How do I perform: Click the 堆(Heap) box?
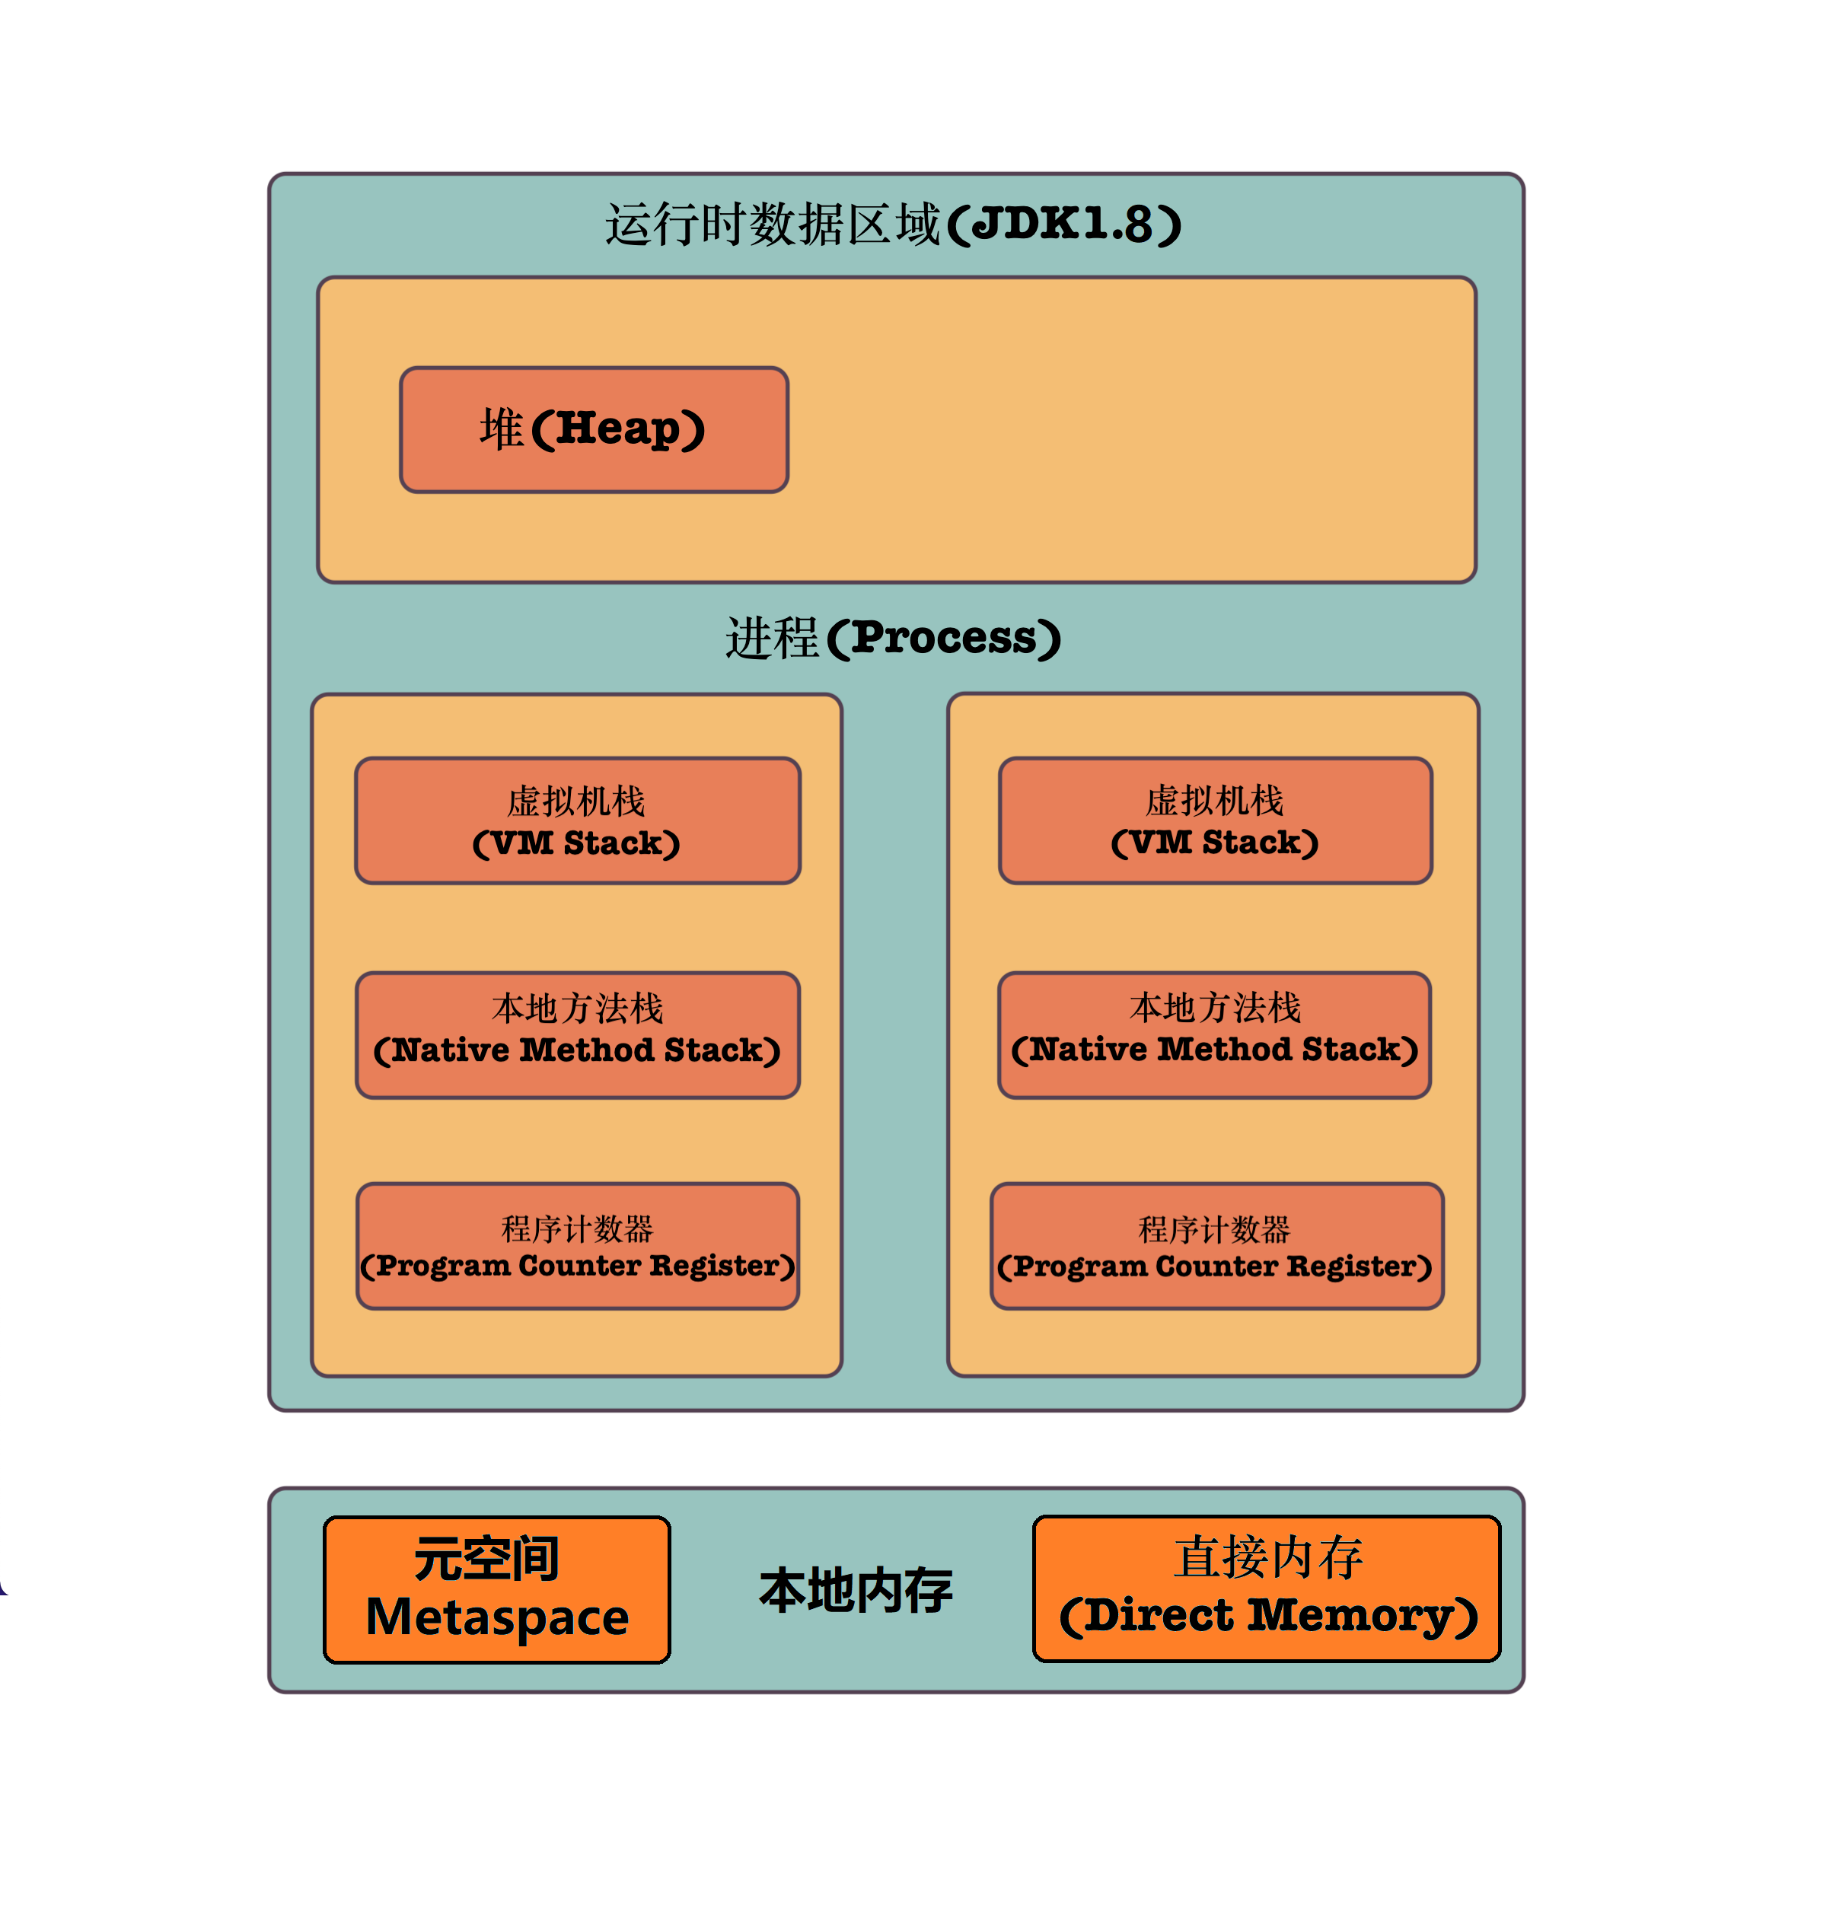point(593,430)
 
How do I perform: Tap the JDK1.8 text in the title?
point(1064,224)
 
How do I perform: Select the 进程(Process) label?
point(892,637)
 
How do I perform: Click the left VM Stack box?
point(578,820)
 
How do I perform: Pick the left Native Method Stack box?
point(578,1034)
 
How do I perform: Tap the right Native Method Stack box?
point(1213,1034)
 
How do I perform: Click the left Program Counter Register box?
point(578,1246)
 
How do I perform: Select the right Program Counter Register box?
point(1216,1246)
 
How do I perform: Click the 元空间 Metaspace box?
point(496,1590)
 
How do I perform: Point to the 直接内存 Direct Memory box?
point(1267,1588)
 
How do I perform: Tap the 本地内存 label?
point(855,1591)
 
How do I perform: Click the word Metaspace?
point(496,1617)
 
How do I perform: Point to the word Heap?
point(617,429)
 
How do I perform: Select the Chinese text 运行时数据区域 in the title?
point(772,224)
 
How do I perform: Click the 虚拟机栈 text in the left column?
point(575,801)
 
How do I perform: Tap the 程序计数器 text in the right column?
point(1213,1228)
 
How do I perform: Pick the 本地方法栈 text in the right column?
point(1214,1007)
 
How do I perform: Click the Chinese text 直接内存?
point(1268,1557)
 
